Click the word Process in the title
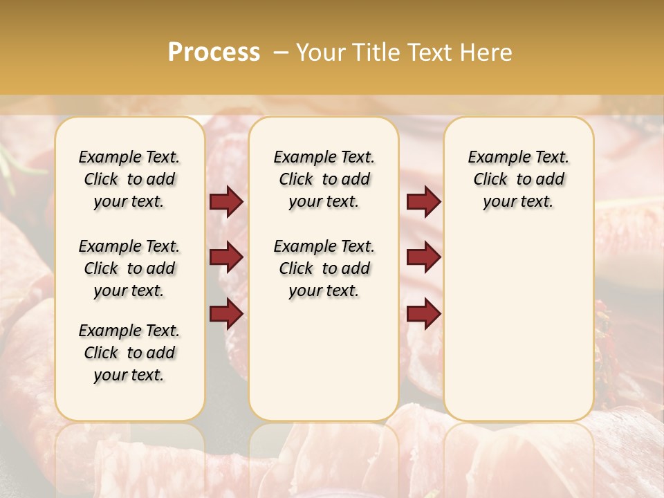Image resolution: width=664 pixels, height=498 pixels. (214, 53)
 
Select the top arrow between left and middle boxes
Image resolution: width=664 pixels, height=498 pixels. (226, 202)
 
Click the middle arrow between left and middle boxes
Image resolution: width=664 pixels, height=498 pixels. (226, 257)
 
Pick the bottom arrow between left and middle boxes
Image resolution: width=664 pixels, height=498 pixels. (226, 314)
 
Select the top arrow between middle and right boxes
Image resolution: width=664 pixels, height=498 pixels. (423, 202)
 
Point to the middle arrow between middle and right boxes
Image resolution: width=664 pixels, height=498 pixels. (423, 257)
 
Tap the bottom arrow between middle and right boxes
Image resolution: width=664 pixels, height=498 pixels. (423, 314)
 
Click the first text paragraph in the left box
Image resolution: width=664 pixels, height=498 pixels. (129, 179)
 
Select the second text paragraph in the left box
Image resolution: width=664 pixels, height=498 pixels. (129, 268)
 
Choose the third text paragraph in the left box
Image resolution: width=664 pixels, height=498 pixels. (129, 353)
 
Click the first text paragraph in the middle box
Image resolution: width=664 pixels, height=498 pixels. (324, 179)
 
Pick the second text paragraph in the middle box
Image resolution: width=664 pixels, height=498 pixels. (324, 268)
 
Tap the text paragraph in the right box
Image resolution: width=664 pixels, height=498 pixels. (518, 179)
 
